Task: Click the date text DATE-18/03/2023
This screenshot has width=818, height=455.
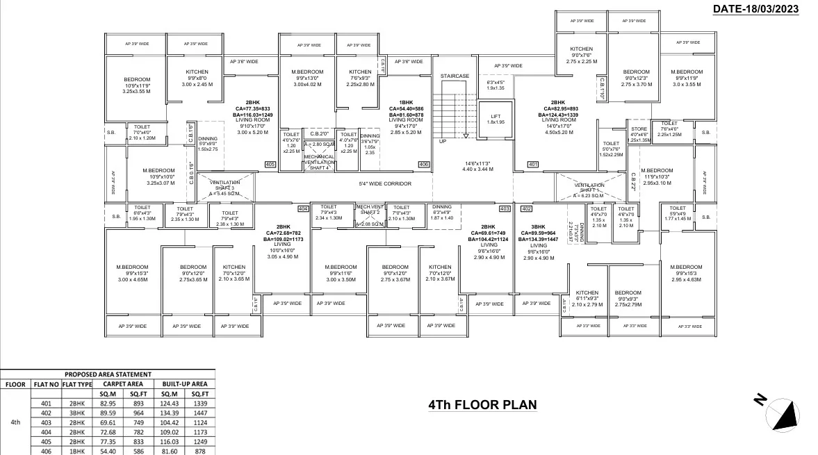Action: (755, 9)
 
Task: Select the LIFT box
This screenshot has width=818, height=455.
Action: (496, 119)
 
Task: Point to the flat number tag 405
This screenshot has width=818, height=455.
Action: (270, 165)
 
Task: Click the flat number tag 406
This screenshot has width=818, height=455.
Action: (424, 165)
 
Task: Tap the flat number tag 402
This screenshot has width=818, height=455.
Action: (526, 208)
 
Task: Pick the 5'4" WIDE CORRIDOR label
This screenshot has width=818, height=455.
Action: (385, 184)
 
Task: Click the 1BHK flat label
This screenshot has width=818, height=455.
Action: (406, 103)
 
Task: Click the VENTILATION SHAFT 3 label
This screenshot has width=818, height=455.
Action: (224, 188)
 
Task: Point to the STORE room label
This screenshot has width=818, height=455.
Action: (639, 129)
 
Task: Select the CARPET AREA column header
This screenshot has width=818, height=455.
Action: (124, 383)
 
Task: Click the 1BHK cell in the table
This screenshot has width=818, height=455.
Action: (76, 450)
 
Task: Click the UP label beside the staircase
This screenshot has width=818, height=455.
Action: (442, 141)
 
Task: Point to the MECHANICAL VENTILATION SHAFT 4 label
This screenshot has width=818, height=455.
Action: (319, 162)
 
